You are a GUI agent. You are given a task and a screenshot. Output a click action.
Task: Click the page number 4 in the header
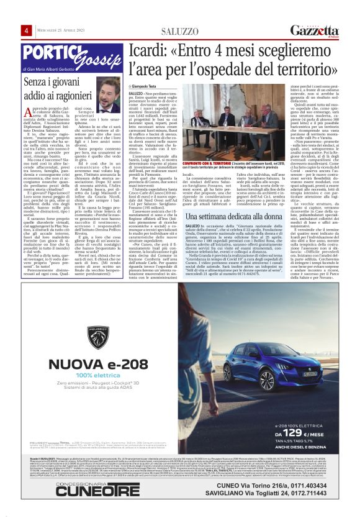(x=27, y=30)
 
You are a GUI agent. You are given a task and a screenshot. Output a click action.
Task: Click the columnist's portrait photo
(x=109, y=94)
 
